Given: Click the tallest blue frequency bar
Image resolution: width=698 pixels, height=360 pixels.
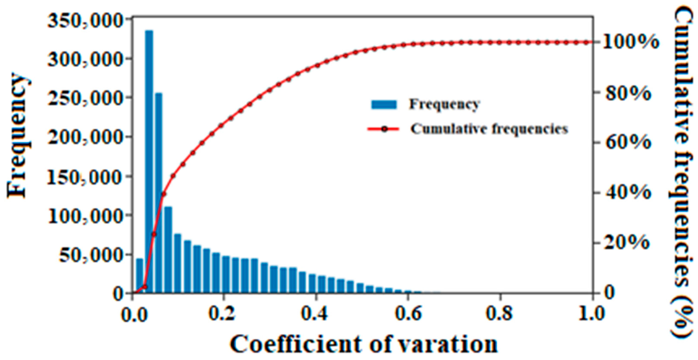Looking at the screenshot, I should tap(149, 162).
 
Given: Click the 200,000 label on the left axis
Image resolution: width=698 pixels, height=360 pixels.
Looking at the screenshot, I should tap(83, 137).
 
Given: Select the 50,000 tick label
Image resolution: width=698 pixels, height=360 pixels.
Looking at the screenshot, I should tap(89, 255).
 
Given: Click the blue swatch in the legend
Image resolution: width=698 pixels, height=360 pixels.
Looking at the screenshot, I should tap(384, 104).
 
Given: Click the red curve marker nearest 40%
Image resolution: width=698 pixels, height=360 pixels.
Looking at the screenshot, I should tap(163, 194).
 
